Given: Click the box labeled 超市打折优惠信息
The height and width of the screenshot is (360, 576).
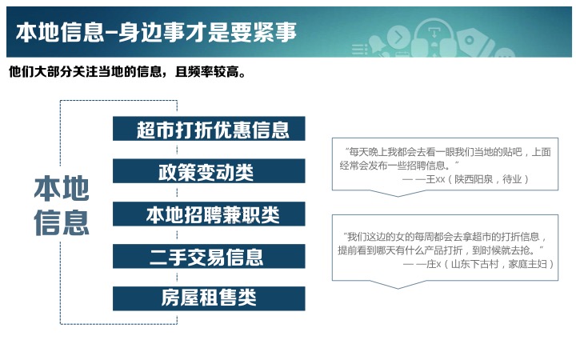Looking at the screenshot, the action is pyautogui.click(x=209, y=129).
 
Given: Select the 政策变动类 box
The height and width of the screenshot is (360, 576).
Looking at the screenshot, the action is pyautogui.click(x=209, y=171).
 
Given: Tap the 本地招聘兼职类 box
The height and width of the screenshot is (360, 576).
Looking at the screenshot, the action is pyautogui.click(x=209, y=214).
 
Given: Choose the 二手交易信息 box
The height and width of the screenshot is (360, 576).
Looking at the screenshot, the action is pyautogui.click(x=209, y=256).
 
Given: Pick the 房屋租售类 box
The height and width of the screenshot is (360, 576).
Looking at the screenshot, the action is pyautogui.click(x=209, y=298).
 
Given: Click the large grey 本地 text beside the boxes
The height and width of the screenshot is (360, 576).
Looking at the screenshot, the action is pyautogui.click(x=62, y=188).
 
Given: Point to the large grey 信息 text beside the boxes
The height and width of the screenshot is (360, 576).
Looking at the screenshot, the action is pyautogui.click(x=62, y=222).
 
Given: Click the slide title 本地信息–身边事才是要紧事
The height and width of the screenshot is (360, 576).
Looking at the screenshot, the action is pyautogui.click(x=156, y=32).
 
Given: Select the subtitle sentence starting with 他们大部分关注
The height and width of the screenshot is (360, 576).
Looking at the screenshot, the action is pyautogui.click(x=127, y=72).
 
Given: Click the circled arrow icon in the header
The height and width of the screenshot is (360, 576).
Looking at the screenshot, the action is pyautogui.click(x=398, y=36).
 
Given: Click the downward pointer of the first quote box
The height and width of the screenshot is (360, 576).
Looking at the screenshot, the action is pyautogui.click(x=398, y=194).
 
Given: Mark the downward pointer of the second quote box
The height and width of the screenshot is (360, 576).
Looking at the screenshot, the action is pyautogui.click(x=398, y=285).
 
